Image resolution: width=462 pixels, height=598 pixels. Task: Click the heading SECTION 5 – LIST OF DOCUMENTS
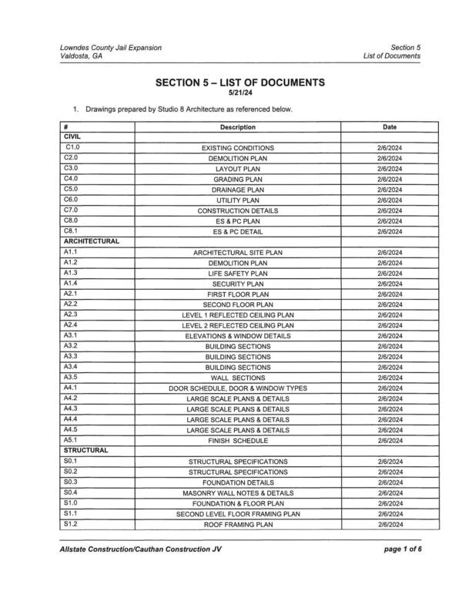pos(239,82)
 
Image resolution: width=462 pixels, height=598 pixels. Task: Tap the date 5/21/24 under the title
pos(239,93)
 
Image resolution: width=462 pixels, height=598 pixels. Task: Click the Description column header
pos(237,126)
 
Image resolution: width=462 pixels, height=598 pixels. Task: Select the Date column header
pos(389,126)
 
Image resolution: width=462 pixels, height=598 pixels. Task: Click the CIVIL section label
pos(72,136)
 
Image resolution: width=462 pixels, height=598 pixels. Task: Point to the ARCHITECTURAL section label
pos(91,241)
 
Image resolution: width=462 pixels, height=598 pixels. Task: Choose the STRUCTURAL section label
pos(85,450)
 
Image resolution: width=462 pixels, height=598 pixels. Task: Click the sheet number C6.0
pos(72,199)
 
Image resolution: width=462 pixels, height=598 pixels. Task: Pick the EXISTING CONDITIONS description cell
pos(238,147)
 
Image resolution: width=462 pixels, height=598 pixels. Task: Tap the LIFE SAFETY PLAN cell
pos(238,273)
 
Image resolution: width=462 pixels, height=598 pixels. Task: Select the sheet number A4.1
pos(71,387)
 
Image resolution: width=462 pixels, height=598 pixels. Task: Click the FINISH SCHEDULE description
pos(238,440)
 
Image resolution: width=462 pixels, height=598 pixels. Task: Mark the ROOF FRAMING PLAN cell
pos(238,524)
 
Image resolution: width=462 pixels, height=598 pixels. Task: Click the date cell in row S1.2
pos(389,524)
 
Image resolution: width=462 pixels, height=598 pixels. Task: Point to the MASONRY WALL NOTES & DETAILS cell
pos(238,492)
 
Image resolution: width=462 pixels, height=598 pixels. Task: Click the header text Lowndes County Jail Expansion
pos(111,48)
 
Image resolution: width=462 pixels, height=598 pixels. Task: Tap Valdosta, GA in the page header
pos(80,57)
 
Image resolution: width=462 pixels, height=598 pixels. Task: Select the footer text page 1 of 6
pos(400,549)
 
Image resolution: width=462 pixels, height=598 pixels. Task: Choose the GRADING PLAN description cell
pos(238,179)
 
